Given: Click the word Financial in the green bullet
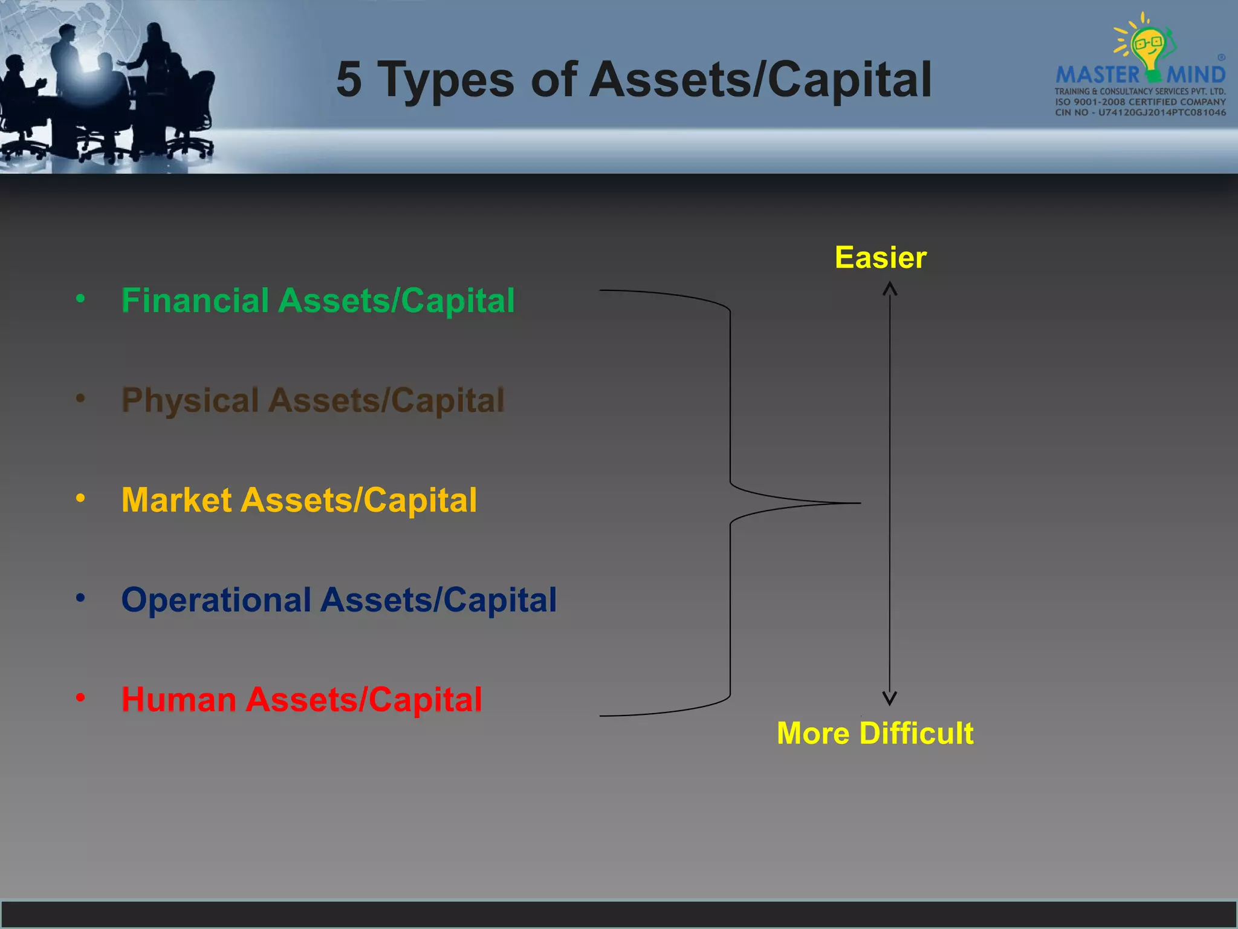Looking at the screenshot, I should (195, 301).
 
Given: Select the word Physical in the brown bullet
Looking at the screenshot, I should (190, 400).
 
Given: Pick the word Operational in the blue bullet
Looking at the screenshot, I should (216, 600).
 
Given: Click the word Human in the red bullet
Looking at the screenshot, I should (178, 700).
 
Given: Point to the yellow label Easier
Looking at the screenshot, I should (880, 258).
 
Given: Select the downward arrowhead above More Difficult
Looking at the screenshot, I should (889, 699).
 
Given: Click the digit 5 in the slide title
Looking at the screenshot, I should (349, 79).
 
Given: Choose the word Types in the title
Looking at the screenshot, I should (446, 79).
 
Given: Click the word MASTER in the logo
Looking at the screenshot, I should (1097, 76).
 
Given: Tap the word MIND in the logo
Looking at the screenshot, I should (1196, 76).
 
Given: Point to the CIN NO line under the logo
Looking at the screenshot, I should (1140, 112).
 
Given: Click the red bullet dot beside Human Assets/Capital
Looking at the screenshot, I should (80, 698).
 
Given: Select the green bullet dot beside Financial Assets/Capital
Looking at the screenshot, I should (80, 298).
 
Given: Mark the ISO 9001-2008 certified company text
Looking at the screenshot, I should (1140, 102).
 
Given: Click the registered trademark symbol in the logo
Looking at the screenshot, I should (1221, 57).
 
